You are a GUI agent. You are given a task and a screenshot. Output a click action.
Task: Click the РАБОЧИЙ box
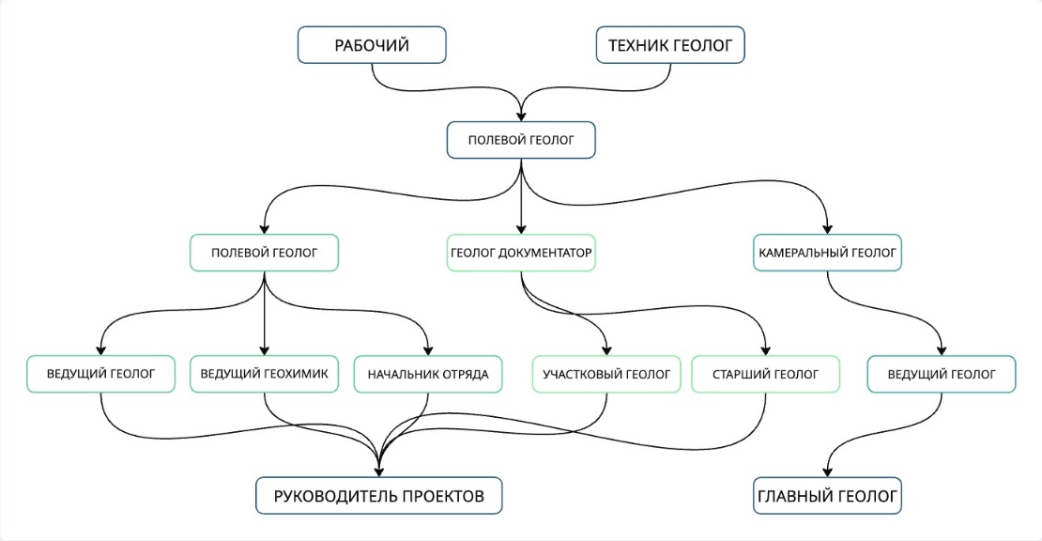pos(372,45)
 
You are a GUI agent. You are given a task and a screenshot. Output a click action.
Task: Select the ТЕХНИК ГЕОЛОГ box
pos(670,45)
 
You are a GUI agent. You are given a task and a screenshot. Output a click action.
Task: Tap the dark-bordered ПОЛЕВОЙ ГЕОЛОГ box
pos(521,141)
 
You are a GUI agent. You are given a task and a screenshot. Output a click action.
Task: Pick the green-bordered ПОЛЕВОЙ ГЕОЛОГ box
pos(264,253)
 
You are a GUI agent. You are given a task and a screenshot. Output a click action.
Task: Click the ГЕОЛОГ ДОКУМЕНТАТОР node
pos(521,253)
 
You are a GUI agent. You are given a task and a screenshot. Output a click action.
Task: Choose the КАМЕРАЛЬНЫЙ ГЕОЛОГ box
pos(827,253)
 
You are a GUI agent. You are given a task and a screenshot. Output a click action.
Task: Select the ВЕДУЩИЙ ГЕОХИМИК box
pos(264,374)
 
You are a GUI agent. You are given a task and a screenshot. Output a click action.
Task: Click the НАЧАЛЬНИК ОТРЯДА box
pos(428,374)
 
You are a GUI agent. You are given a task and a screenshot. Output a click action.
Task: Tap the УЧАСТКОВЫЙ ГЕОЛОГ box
pos(606,374)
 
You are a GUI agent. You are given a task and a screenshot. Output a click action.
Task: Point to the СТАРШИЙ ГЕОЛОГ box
pos(767,374)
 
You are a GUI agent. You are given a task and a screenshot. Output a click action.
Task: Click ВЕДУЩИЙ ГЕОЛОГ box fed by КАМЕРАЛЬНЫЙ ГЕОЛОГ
pos(941,374)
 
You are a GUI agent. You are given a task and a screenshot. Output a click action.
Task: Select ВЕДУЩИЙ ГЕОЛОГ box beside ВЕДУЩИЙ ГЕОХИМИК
pos(100,374)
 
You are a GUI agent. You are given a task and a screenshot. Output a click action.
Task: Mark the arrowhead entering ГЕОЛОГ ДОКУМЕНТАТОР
pos(521,229)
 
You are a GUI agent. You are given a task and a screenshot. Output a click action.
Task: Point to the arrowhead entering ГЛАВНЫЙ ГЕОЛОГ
pos(827,472)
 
